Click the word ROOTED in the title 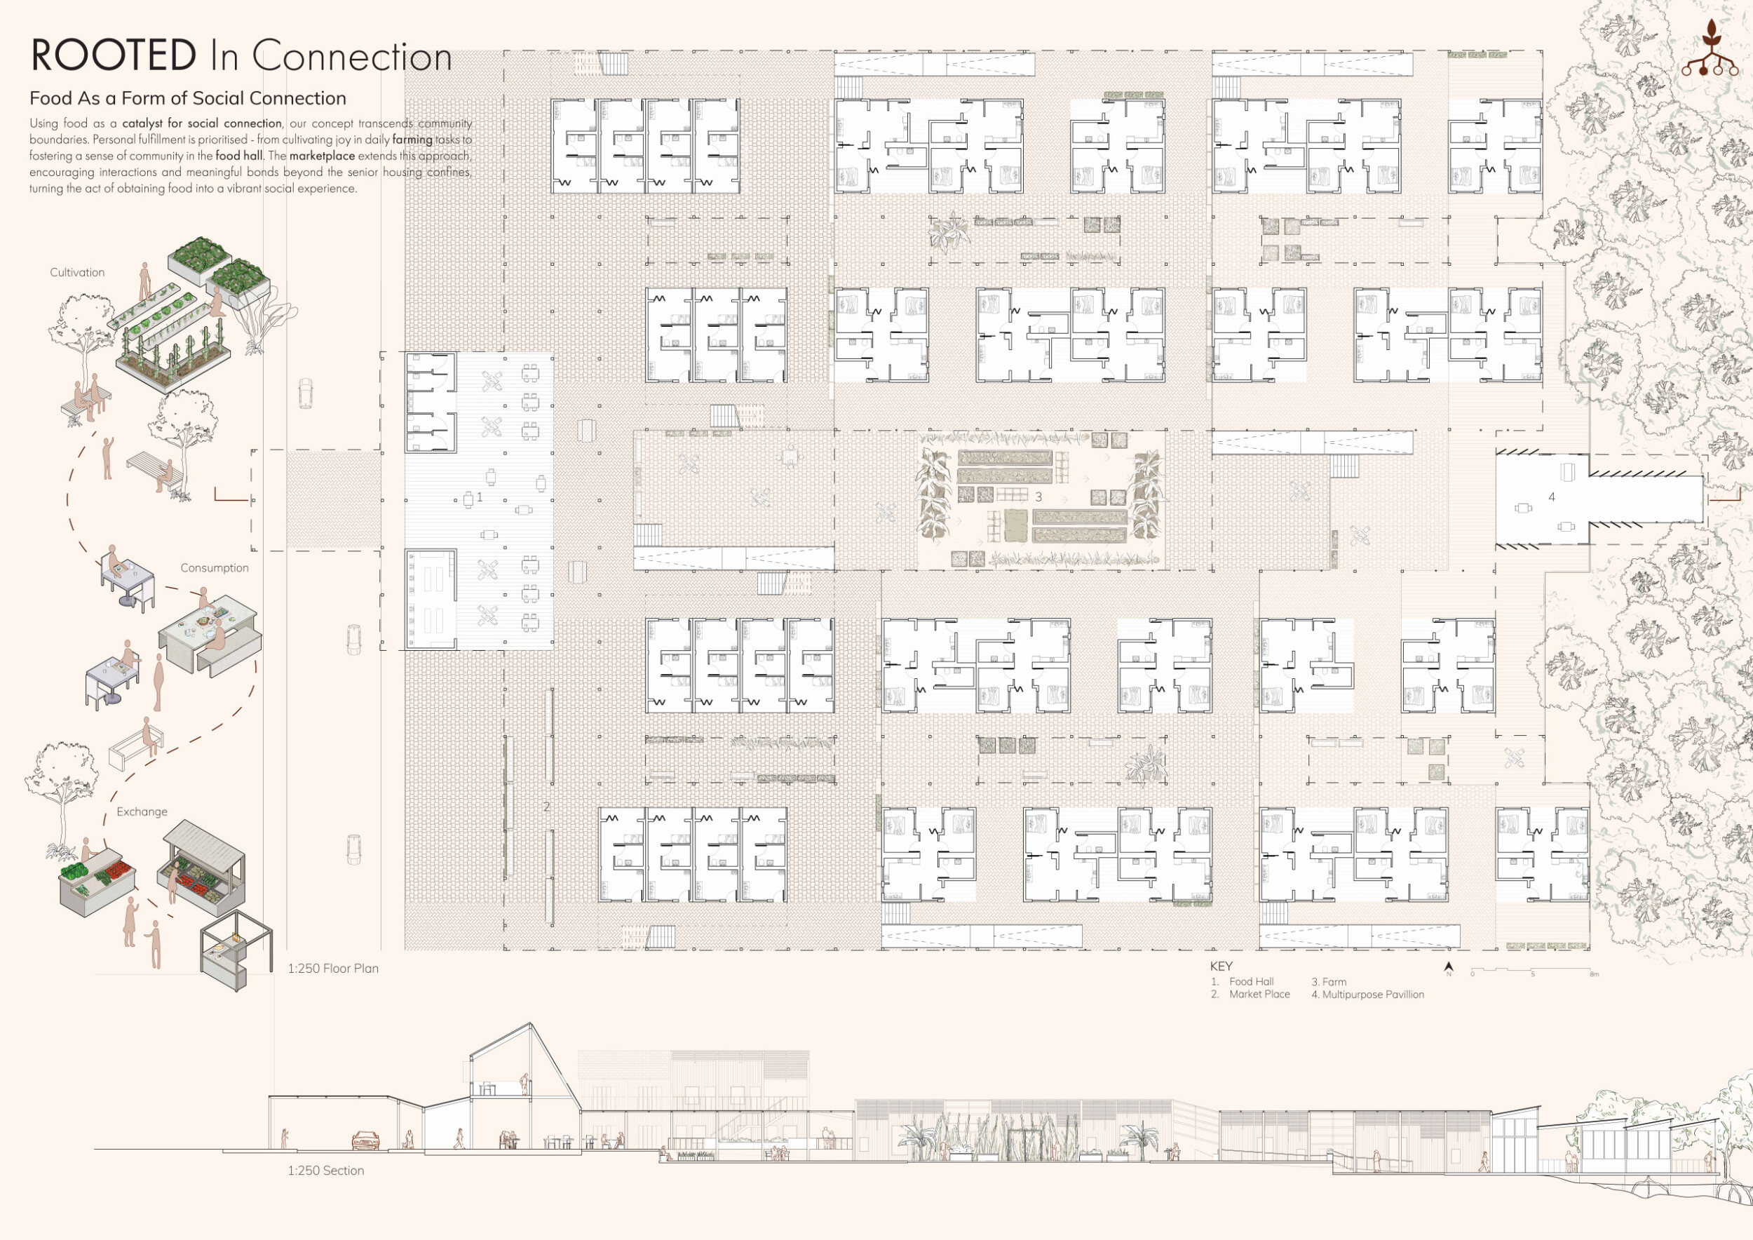coord(113,55)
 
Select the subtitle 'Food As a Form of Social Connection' coord(188,98)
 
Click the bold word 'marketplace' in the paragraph coord(321,156)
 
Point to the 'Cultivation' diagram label coord(77,273)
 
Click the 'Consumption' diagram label coord(215,568)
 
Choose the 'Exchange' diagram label coord(142,811)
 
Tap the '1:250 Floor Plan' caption coord(333,968)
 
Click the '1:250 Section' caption coord(326,1171)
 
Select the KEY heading coord(1221,966)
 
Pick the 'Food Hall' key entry coord(1252,982)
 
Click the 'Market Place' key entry coord(1260,994)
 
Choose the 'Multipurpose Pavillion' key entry coord(1373,994)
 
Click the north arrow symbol coord(1449,967)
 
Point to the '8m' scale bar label coord(1595,974)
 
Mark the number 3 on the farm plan coord(1038,497)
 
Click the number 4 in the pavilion coord(1552,497)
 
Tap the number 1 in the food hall coord(480,497)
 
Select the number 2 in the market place coord(547,807)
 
